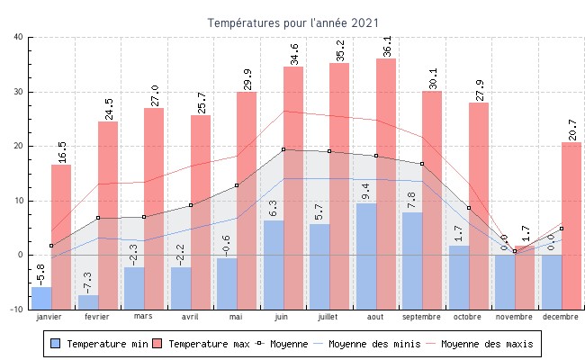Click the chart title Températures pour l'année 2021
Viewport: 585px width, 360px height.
292,22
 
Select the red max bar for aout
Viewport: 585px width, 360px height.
386,162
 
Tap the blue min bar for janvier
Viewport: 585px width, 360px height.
41,298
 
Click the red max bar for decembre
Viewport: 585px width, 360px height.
571,225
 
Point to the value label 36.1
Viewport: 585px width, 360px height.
387,46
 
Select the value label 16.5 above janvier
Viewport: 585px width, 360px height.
61,151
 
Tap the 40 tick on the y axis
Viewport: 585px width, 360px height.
19,37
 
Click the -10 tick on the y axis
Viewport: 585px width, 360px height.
17,310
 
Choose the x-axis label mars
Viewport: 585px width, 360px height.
144,317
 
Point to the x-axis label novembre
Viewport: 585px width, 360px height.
514,317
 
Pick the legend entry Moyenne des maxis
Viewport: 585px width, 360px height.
486,344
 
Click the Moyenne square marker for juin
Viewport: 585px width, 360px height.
283,149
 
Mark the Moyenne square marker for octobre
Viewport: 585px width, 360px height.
468,208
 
